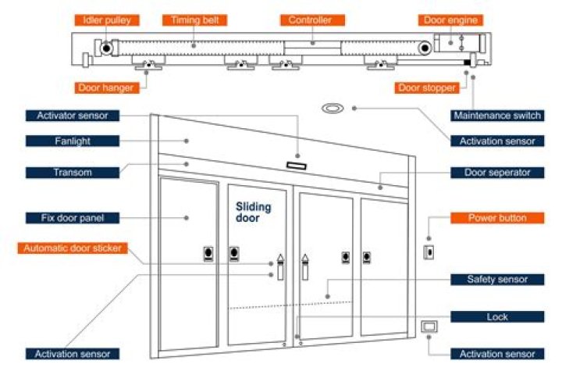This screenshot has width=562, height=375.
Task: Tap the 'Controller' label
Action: click(x=310, y=20)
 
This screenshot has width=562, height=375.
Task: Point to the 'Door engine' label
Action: click(x=450, y=20)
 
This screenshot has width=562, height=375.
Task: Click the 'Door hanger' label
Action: click(x=105, y=88)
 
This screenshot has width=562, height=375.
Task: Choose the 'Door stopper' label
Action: click(x=427, y=88)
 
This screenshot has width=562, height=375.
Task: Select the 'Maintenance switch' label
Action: click(x=497, y=116)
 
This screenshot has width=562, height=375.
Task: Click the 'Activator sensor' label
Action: click(x=73, y=116)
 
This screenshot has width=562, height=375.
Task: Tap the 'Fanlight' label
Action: click(x=73, y=141)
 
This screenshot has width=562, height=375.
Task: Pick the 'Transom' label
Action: click(x=73, y=171)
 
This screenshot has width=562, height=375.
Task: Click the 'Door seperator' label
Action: click(x=497, y=172)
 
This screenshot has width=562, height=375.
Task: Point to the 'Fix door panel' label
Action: click(x=73, y=217)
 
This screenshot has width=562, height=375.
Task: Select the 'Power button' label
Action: click(x=497, y=217)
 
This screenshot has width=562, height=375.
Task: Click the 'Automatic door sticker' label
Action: click(x=73, y=248)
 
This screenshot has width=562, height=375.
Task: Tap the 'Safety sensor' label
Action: click(x=497, y=279)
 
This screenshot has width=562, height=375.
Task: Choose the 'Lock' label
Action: click(x=497, y=316)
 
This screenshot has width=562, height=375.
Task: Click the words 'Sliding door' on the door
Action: click(x=254, y=212)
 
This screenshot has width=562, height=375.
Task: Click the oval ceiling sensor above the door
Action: click(x=333, y=107)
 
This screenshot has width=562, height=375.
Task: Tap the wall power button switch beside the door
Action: click(x=428, y=252)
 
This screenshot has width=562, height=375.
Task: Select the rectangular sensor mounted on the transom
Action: click(x=297, y=165)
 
